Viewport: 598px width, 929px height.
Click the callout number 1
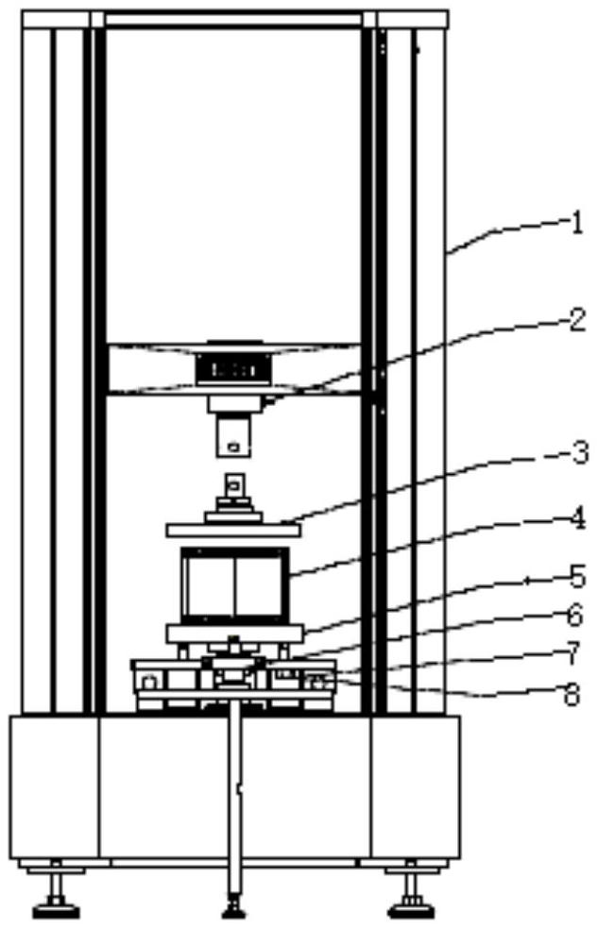click(576, 224)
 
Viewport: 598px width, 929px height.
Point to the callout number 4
click(576, 518)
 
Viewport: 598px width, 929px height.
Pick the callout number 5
click(576, 575)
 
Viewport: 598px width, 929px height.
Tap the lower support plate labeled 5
click(235, 632)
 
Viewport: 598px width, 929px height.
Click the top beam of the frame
click(234, 18)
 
